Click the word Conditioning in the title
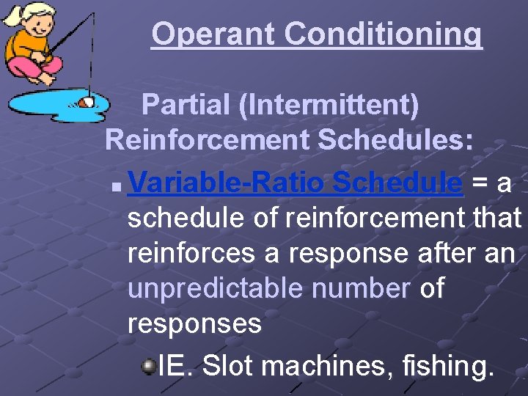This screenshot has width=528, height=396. (x=384, y=34)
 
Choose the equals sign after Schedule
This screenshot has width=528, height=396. (x=477, y=183)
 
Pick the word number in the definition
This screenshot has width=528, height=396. (x=360, y=288)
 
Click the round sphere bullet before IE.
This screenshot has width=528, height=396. (x=148, y=365)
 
